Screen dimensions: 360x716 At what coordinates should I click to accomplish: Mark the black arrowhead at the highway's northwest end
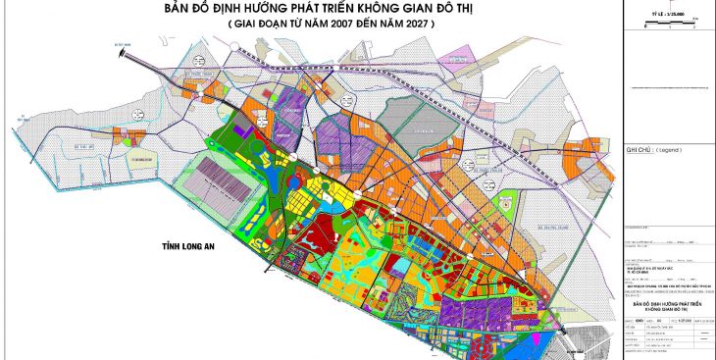coord(124,48)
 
